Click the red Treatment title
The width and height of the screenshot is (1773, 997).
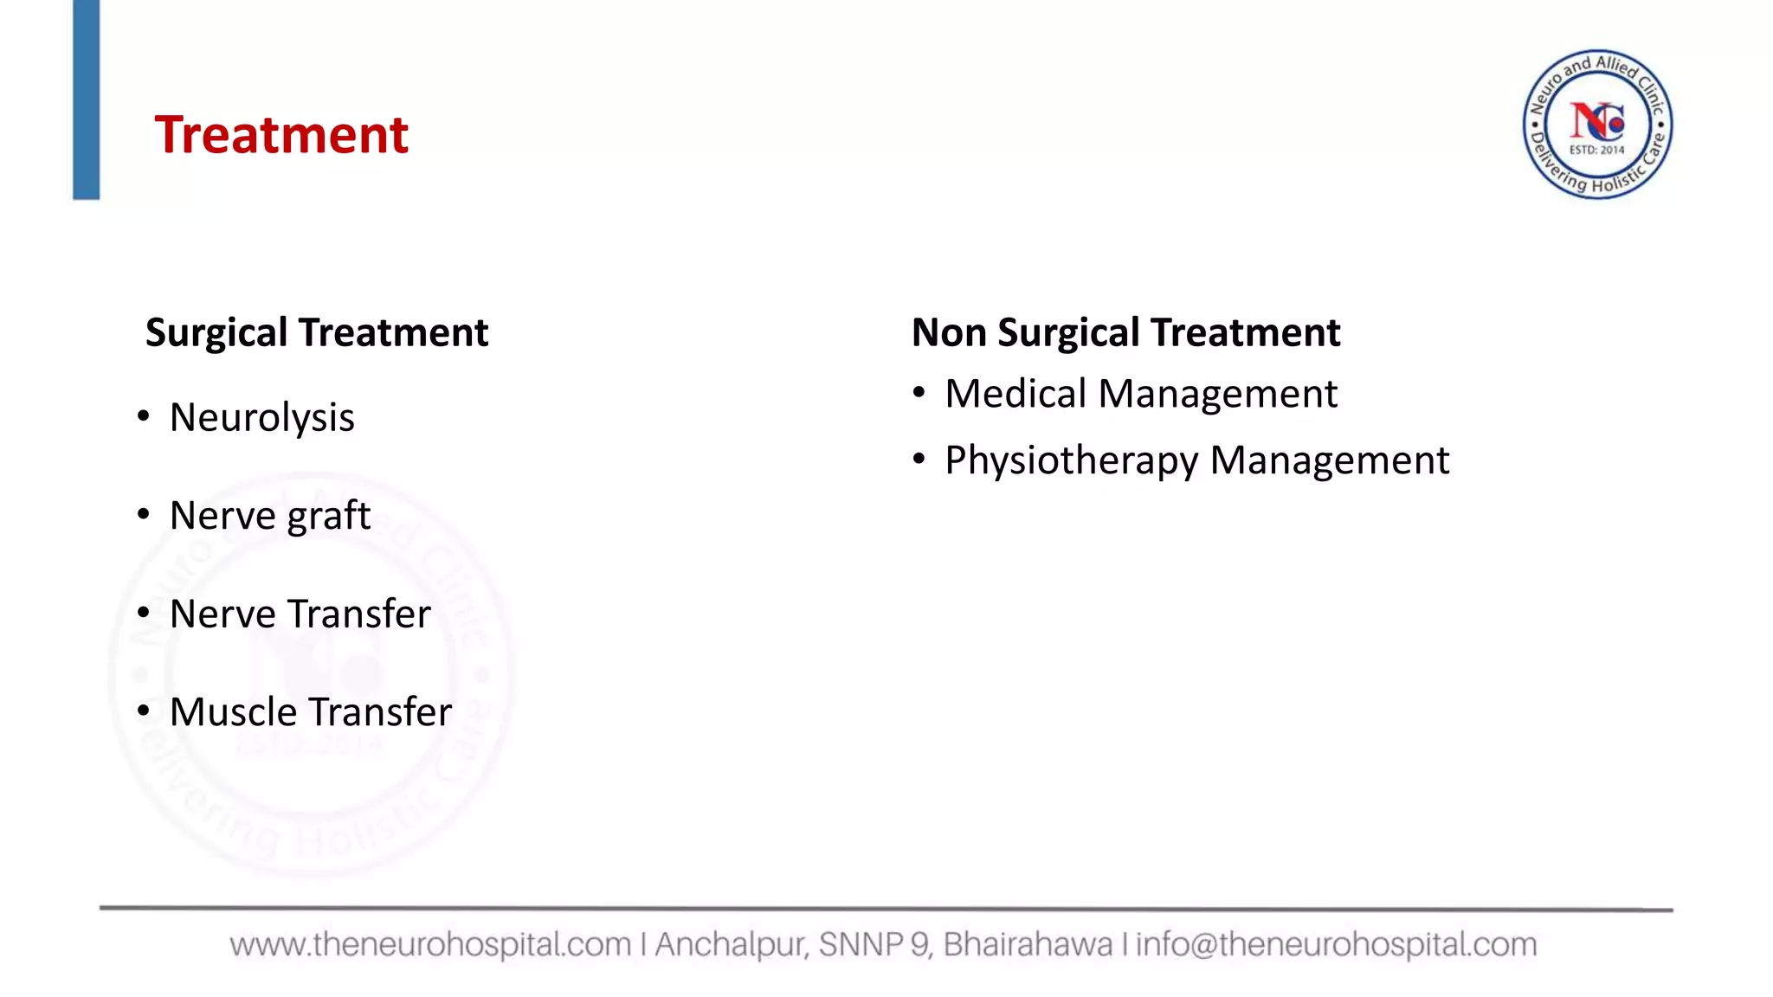280,136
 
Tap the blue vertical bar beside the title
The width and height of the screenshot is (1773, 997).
86,100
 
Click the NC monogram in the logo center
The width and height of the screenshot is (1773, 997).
1597,121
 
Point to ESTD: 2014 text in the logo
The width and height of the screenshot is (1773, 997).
1597,151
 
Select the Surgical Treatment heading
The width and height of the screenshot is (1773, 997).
317,333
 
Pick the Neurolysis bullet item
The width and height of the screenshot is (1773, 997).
261,418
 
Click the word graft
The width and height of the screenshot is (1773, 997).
329,517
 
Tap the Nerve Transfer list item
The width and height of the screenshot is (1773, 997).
300,614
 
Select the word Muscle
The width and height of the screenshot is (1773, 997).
222,712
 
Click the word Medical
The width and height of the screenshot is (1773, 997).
1015,395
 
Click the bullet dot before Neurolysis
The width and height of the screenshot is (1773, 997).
144,417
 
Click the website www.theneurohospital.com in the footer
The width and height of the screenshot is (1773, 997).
430,944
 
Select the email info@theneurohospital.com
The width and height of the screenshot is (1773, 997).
1336,944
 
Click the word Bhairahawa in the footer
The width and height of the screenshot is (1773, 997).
1028,944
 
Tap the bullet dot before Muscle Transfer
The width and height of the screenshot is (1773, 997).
144,711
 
